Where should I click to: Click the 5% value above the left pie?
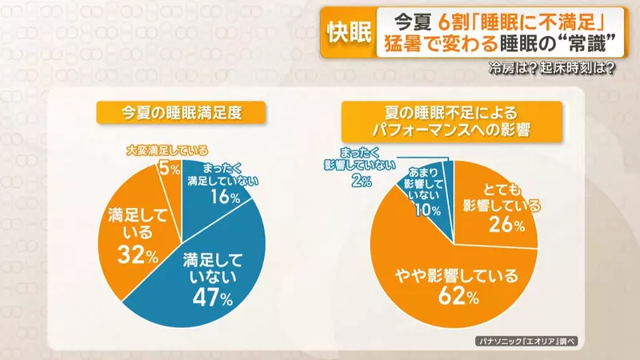(170, 168)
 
